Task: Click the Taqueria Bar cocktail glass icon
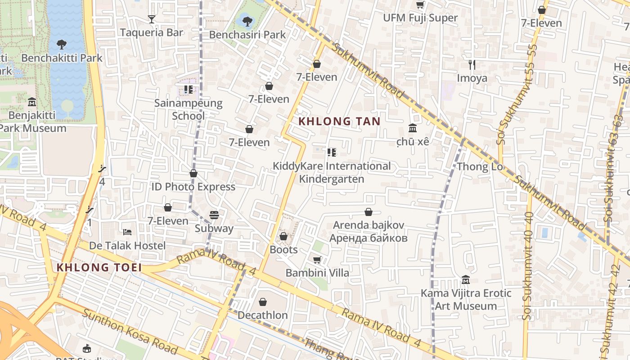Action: click(x=152, y=19)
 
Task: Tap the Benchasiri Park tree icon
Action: click(x=247, y=21)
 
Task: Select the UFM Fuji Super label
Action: click(x=420, y=18)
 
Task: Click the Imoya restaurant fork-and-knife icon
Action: click(x=472, y=65)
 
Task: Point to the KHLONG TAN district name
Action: click(x=340, y=121)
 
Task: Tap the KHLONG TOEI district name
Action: click(x=99, y=267)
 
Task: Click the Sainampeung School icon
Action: click(x=188, y=90)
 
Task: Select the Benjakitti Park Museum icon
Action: click(x=31, y=102)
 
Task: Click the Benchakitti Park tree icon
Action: click(x=62, y=45)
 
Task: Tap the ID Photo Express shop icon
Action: click(x=193, y=173)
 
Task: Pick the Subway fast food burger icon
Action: click(x=214, y=215)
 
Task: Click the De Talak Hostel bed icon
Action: click(x=127, y=232)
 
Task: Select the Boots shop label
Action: click(x=283, y=249)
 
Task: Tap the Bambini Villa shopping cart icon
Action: click(x=317, y=260)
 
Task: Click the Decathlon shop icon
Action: click(x=263, y=302)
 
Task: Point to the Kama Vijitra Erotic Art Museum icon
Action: click(x=466, y=280)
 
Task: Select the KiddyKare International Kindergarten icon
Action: click(x=332, y=153)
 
